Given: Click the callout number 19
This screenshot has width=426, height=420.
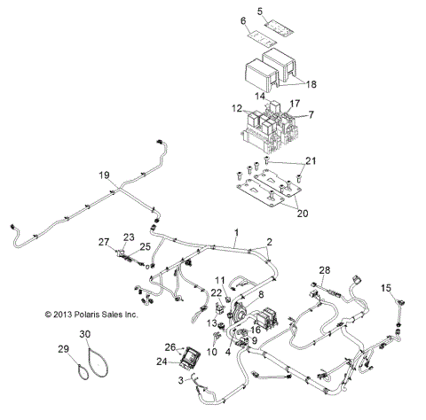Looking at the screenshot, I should [105, 176].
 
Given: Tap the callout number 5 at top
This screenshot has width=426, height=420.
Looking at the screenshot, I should [260, 12].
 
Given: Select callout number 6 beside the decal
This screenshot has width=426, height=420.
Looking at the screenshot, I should [243, 20].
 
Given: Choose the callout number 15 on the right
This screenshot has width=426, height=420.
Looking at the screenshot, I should [386, 288].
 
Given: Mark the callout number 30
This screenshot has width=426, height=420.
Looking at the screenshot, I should [85, 334].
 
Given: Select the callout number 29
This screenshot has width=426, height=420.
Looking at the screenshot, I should [63, 350].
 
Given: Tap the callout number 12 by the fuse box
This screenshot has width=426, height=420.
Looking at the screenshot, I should [236, 108].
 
